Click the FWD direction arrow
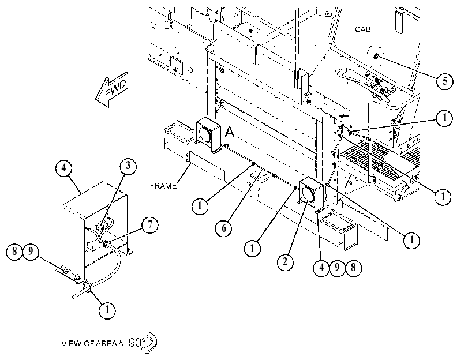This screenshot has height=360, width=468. [x=111, y=89]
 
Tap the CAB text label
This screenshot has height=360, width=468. [x=362, y=29]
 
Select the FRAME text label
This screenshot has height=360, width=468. [x=163, y=186]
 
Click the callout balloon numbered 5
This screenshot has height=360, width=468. [x=445, y=81]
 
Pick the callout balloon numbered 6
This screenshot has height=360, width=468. [x=223, y=228]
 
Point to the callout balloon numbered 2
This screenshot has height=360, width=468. [x=285, y=262]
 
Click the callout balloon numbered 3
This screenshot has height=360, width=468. [x=128, y=166]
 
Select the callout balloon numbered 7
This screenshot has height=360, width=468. [x=150, y=224]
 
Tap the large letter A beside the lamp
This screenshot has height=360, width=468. [x=229, y=132]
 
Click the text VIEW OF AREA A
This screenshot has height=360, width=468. [x=92, y=343]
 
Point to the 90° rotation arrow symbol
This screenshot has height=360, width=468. [x=149, y=343]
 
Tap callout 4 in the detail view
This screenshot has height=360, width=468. [x=64, y=168]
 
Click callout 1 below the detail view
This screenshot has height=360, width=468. [x=107, y=310]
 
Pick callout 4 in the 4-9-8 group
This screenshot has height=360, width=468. [x=321, y=267]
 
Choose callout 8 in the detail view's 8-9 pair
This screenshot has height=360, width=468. [x=14, y=252]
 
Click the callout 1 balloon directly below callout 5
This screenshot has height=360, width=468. [x=444, y=118]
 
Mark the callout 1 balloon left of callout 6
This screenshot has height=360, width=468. [x=200, y=205]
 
